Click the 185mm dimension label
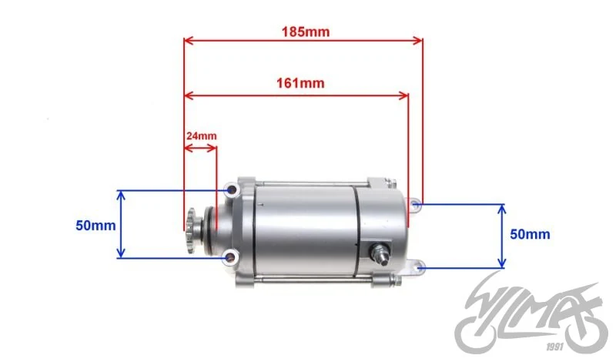click(305, 32)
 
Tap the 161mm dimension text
click(300, 83)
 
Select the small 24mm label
click(201, 136)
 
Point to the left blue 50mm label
click(95, 226)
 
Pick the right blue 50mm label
click(530, 234)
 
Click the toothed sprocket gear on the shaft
click(192, 231)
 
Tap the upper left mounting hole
click(232, 191)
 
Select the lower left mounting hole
click(230, 258)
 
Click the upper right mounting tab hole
click(417, 204)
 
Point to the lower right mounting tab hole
click(419, 268)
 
